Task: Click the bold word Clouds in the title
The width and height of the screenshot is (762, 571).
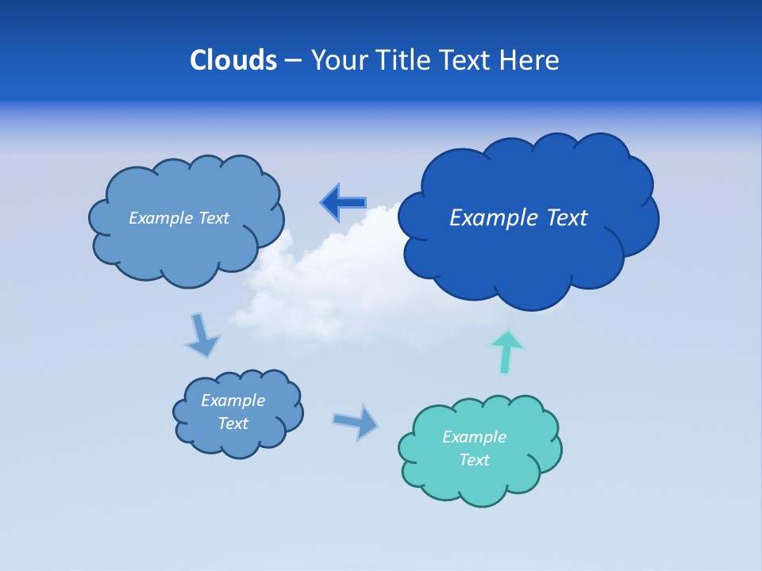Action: point(233,60)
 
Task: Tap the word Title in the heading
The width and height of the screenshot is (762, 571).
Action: point(402,60)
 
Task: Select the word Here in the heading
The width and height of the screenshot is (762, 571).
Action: point(529,60)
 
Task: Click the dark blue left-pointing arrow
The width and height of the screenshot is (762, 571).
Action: point(344,202)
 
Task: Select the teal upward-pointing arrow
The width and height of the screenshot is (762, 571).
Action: point(506,351)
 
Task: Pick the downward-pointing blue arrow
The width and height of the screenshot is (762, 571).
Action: point(202,334)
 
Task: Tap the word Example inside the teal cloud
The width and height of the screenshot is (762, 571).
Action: point(474,437)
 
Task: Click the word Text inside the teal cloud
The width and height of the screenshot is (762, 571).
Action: point(474,460)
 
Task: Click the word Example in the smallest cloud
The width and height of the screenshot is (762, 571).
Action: point(233,400)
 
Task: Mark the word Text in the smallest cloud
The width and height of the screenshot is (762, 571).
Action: point(233,423)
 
